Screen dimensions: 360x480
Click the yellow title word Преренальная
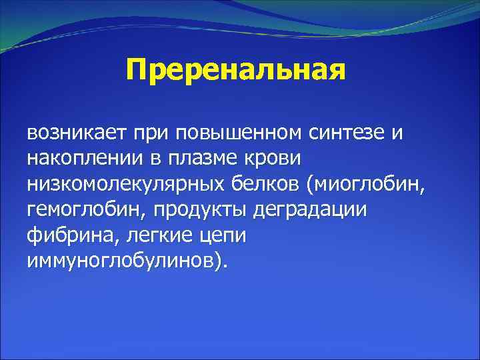click(x=236, y=70)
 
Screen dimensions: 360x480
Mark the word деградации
click(x=310, y=209)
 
